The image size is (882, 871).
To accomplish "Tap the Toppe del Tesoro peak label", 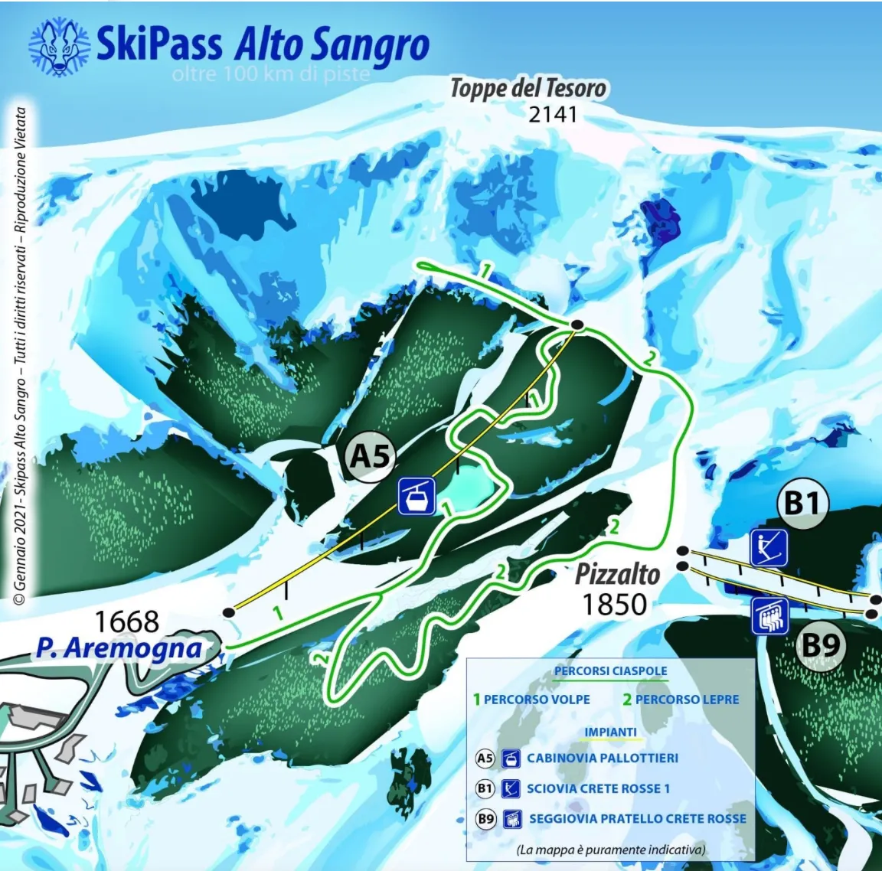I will (528, 88).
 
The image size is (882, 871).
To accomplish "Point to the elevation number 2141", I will (552, 114).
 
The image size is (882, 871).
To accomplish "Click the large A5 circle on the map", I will (371, 456).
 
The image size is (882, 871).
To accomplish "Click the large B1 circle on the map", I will (802, 504).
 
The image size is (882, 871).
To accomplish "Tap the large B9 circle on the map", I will (820, 645).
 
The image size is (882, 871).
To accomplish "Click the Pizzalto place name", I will (617, 573).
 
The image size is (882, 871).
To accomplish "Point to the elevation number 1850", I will (614, 605).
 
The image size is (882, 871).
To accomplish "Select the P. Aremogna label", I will (119, 648).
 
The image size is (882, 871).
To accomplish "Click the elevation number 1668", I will (126, 621).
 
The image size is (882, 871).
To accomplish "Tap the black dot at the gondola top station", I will (578, 325).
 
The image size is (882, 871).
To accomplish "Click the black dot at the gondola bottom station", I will (228, 612).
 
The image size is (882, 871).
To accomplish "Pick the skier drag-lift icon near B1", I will (769, 547).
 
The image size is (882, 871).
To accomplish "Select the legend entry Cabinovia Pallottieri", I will (602, 758).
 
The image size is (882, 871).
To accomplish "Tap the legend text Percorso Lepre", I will (687, 699).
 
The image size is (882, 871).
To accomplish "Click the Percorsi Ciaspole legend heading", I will (610, 671).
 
